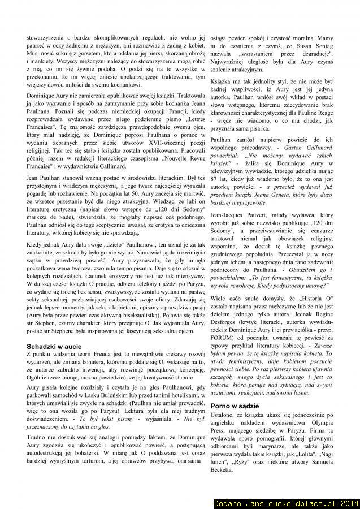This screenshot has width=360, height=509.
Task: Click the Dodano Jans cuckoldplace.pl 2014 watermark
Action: [286, 502]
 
